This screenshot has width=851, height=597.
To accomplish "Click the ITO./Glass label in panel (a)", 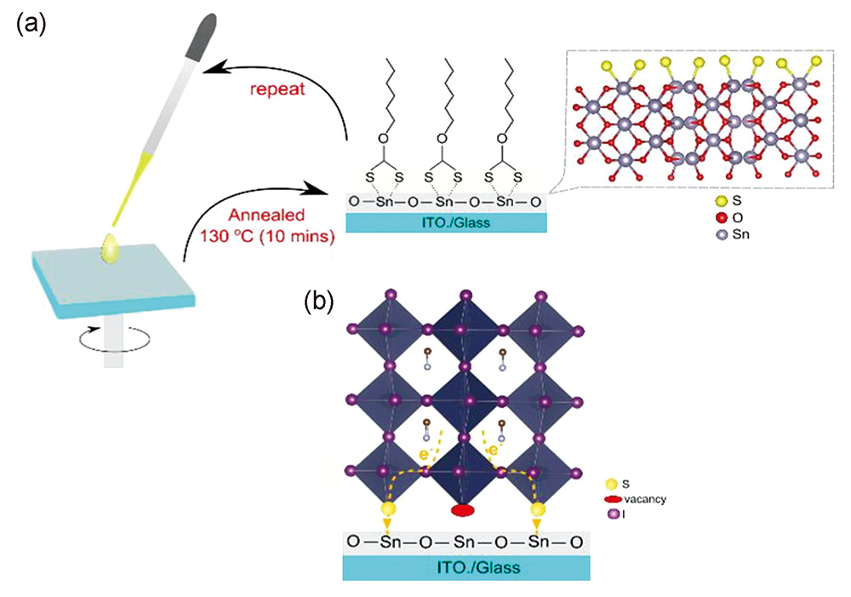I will [444, 223].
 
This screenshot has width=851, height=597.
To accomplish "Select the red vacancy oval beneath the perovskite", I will [461, 510].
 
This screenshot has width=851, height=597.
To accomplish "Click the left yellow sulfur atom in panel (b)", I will [390, 510].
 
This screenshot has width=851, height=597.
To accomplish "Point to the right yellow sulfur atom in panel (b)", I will [537, 510].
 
